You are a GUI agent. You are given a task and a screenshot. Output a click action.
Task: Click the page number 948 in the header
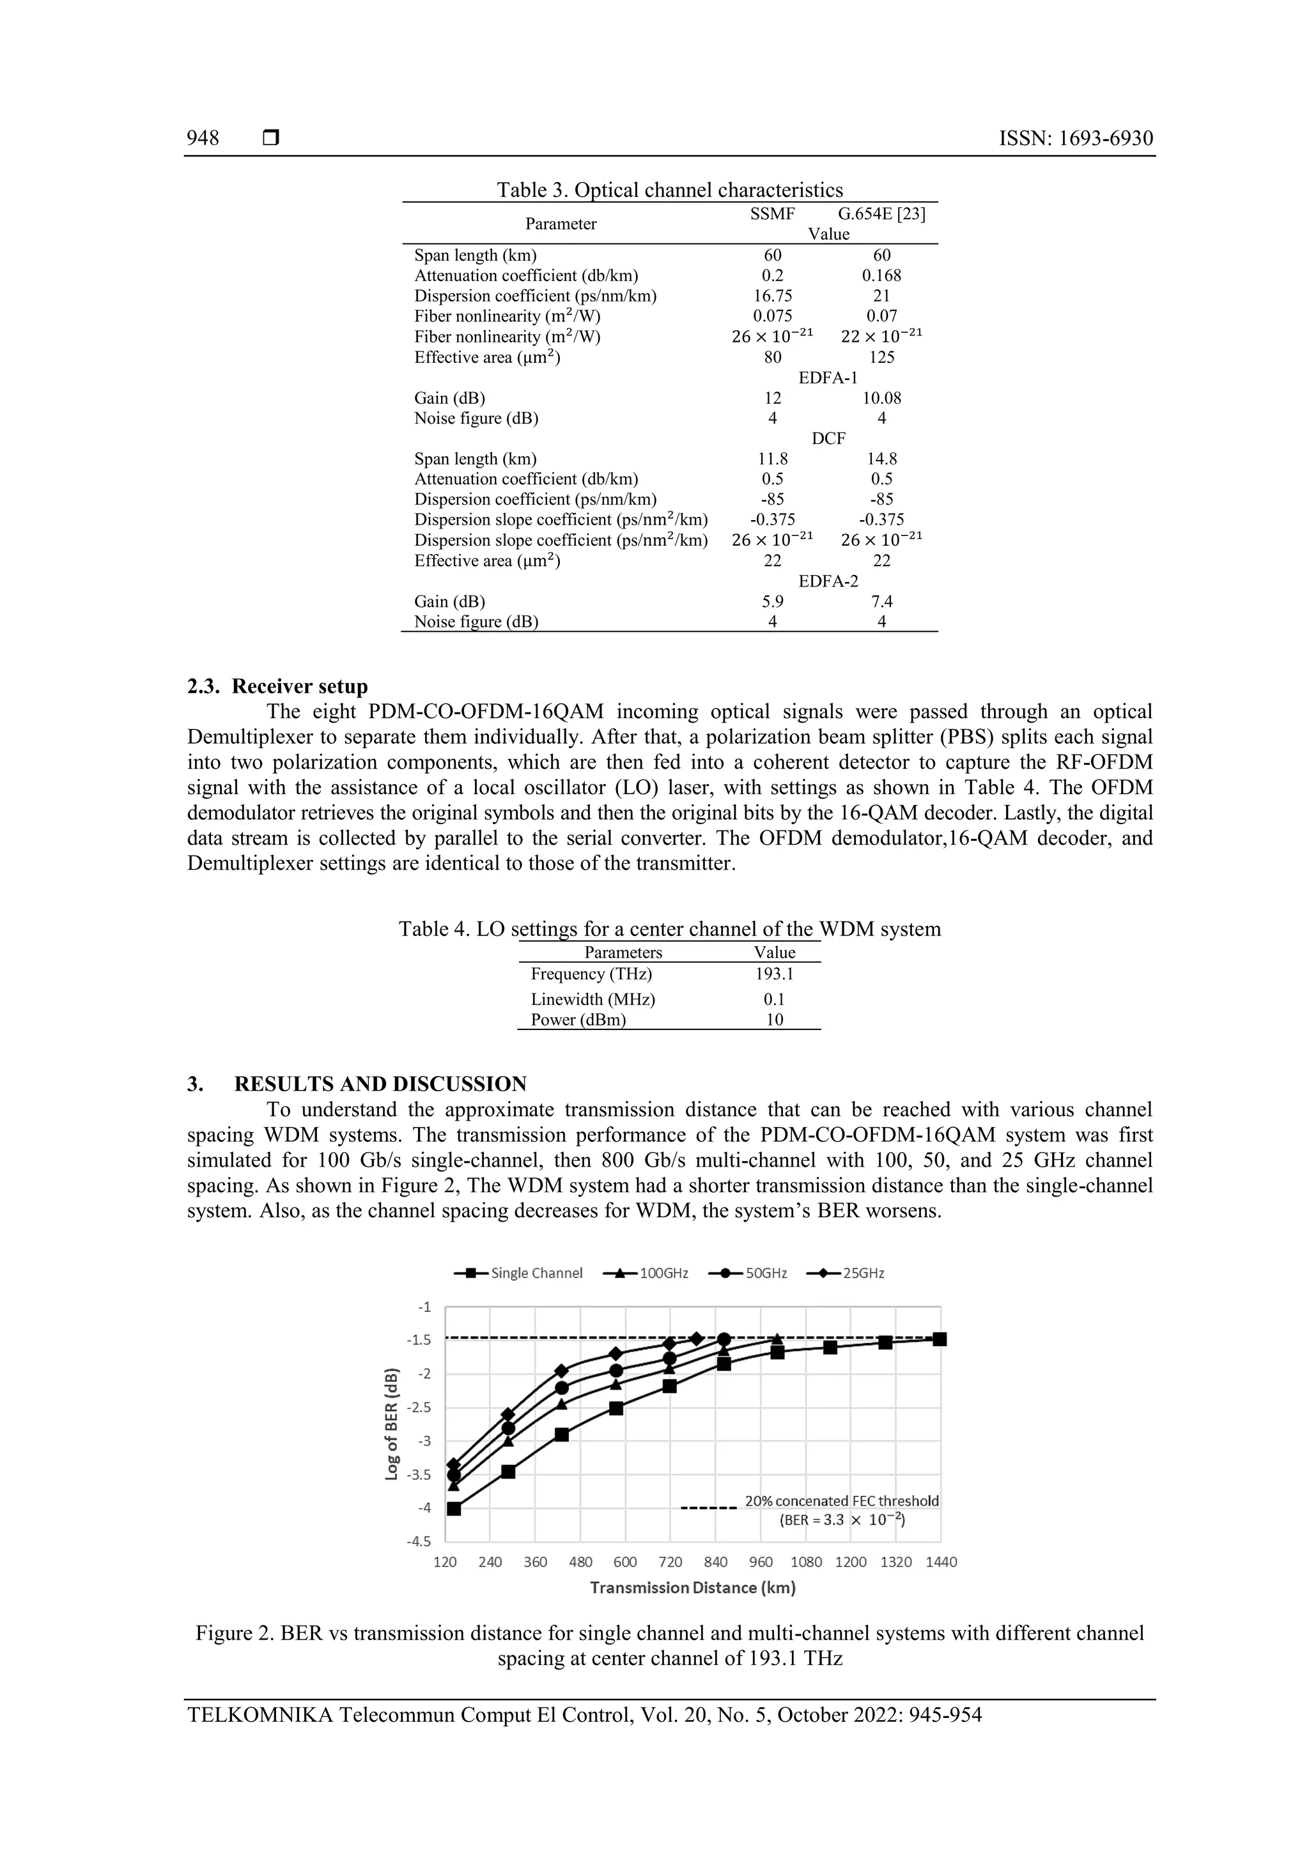point(203,139)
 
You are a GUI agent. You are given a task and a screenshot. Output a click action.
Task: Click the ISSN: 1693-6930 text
point(1076,139)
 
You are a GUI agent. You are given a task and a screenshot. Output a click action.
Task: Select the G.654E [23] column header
point(881,213)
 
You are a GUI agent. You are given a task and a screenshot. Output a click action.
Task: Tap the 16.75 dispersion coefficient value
point(773,296)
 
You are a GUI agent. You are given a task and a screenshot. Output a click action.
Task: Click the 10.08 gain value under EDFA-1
point(881,398)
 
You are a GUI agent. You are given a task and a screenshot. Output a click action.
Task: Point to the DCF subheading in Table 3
point(828,438)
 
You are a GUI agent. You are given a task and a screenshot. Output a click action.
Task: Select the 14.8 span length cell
point(881,459)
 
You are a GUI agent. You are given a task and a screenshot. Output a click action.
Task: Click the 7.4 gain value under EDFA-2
point(881,601)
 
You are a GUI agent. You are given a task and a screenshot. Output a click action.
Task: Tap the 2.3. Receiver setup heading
point(277,686)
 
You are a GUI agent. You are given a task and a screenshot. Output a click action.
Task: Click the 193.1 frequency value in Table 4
point(774,974)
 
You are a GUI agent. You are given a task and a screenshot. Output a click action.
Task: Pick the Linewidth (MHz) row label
point(593,999)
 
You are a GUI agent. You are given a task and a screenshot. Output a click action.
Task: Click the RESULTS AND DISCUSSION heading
point(380,1084)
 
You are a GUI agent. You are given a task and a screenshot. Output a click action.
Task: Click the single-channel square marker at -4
point(454,1509)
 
